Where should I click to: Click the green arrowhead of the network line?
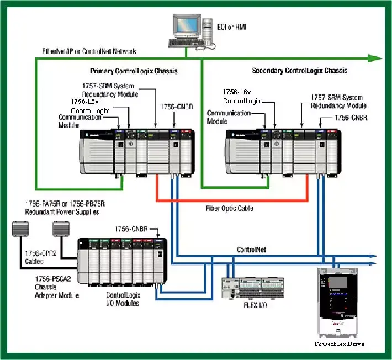[375, 58]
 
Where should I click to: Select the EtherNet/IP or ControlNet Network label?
[89, 51]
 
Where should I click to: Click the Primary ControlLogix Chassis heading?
[134, 71]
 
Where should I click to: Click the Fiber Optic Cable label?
[230, 208]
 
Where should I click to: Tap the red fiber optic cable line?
[232, 199]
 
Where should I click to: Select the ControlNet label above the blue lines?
[252, 250]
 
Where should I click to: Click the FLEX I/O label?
[255, 305]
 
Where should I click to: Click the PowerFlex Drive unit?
[338, 304]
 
